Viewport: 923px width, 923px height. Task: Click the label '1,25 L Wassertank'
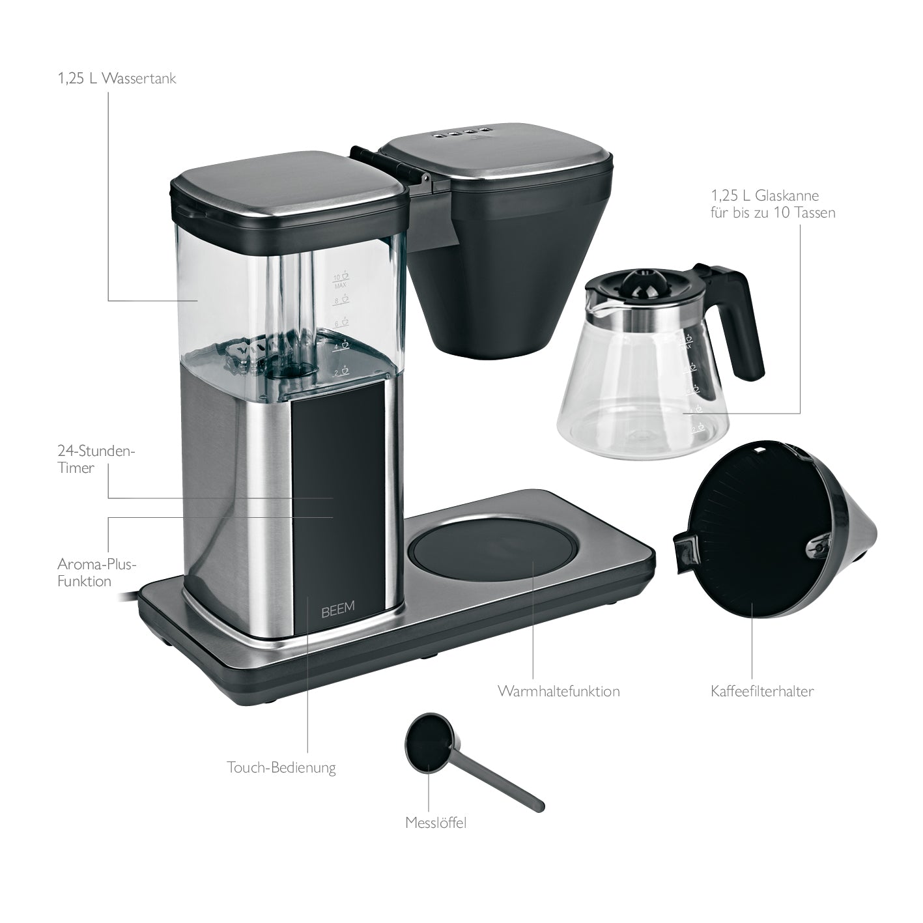(x=117, y=79)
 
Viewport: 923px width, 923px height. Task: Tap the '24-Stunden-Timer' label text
(x=96, y=459)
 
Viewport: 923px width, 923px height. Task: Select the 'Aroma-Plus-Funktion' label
(x=97, y=573)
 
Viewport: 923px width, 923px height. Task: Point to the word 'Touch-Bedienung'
(x=281, y=768)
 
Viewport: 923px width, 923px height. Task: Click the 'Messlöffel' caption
(x=436, y=823)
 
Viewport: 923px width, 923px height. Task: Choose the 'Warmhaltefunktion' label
(x=558, y=691)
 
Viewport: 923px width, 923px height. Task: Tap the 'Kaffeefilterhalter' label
(x=762, y=691)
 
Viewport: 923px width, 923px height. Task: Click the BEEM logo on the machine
(x=338, y=607)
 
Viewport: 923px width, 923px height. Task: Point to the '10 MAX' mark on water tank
(x=341, y=280)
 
